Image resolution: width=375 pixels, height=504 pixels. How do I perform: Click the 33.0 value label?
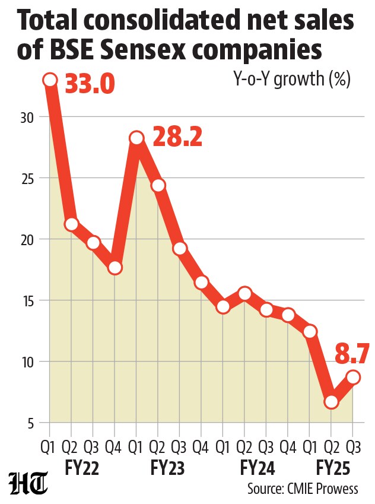(x=90, y=84)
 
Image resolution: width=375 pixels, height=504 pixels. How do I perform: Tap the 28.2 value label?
(x=177, y=137)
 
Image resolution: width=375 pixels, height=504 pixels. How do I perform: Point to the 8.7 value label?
(x=351, y=354)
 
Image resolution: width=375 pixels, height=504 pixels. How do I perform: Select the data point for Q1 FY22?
(x=50, y=80)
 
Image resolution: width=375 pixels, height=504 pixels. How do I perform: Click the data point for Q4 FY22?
(x=115, y=267)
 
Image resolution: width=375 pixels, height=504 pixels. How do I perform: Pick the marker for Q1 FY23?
(x=136, y=138)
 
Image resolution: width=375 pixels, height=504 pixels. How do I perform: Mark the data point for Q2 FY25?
(x=331, y=402)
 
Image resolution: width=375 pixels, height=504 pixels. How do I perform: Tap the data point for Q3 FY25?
(x=353, y=377)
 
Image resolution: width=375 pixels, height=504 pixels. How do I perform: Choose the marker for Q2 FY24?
(x=244, y=293)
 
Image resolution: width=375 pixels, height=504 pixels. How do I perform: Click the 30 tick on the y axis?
(x=27, y=118)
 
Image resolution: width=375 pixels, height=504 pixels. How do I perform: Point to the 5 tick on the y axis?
(x=30, y=424)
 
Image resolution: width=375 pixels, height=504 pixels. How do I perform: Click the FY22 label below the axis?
(x=82, y=468)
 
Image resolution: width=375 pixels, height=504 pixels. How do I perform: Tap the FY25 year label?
(x=333, y=468)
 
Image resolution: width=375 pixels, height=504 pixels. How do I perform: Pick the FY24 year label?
(x=258, y=468)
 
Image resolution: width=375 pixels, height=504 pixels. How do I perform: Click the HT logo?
(x=28, y=483)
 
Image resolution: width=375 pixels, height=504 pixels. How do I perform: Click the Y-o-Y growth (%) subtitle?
(x=291, y=79)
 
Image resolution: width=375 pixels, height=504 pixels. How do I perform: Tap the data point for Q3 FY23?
(x=180, y=248)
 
